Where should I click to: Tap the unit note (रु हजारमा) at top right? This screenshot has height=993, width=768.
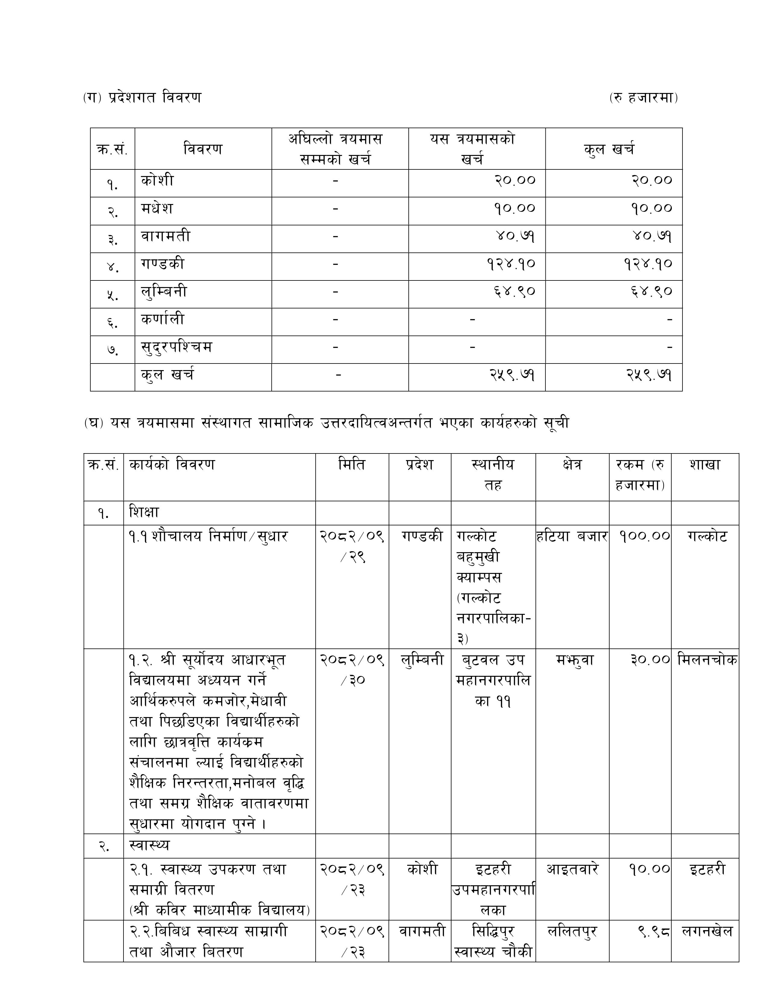643,98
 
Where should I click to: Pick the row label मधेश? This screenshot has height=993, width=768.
157,209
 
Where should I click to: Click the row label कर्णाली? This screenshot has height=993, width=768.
162,320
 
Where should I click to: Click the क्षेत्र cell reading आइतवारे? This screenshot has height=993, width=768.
572,869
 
